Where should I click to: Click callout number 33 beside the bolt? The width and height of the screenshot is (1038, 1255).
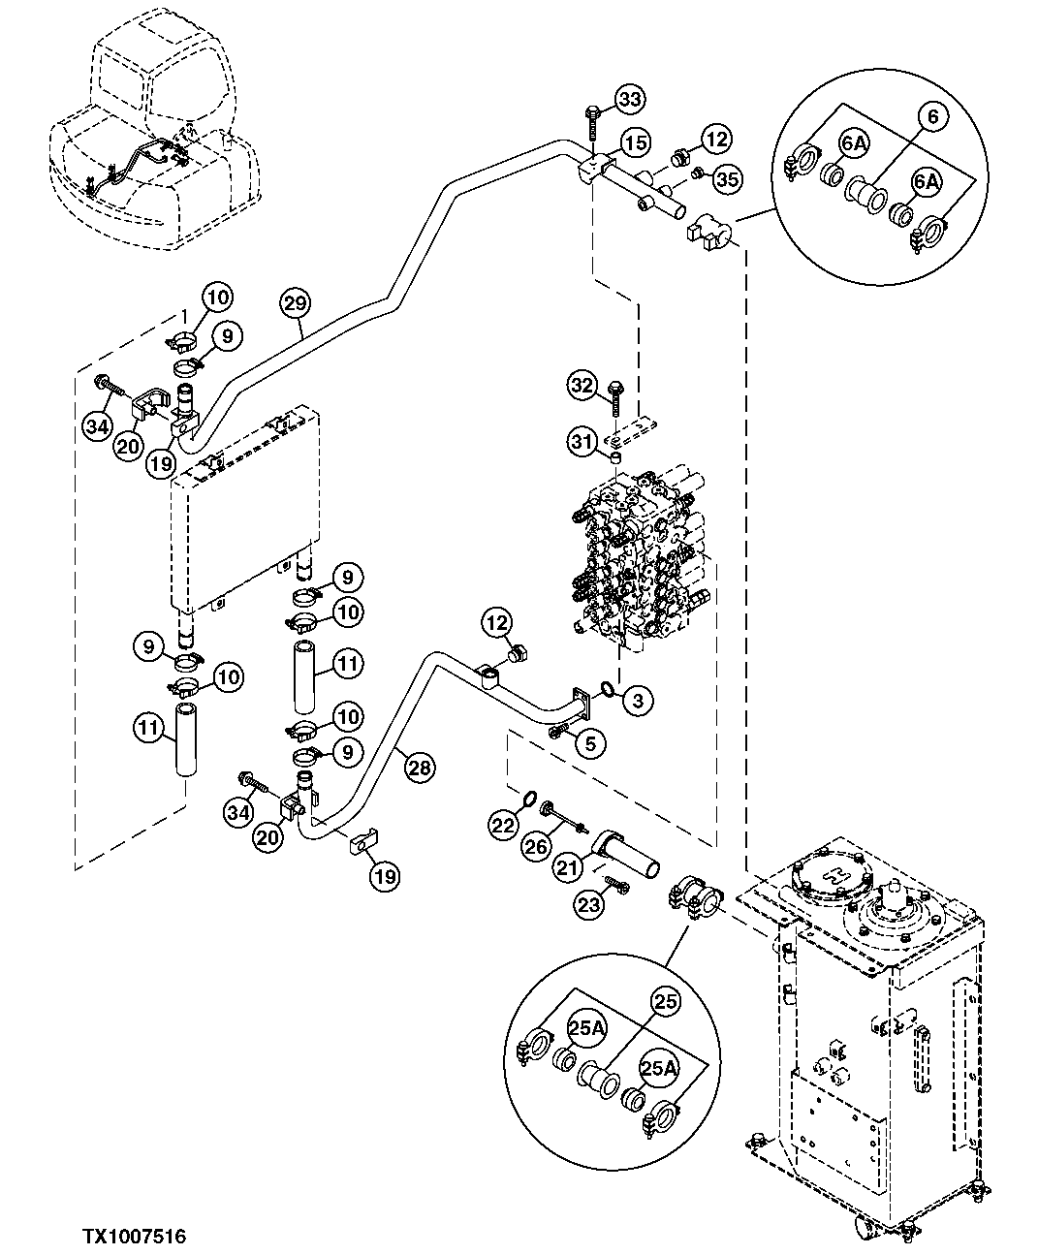coord(629,99)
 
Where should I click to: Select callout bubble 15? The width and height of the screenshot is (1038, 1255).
coord(634,143)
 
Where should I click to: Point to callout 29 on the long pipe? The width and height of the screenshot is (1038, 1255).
coord(296,303)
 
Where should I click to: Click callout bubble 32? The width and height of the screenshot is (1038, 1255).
coord(582,386)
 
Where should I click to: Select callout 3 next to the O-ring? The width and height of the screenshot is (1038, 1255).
coord(637,700)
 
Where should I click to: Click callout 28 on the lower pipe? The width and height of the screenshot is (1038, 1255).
coord(418,768)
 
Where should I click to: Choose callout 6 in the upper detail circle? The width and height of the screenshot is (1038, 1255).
coord(932,116)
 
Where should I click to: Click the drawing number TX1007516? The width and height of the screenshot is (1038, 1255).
coord(134,1236)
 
